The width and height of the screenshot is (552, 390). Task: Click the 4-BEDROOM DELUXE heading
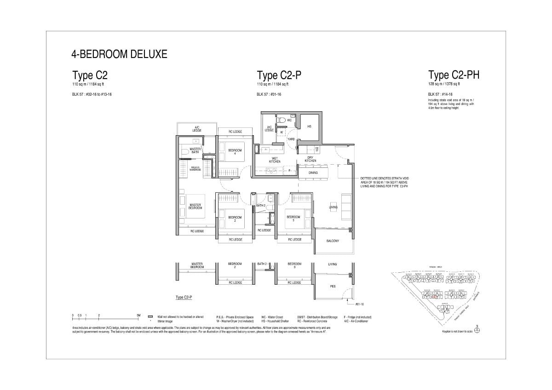pyautogui.click(x=119, y=54)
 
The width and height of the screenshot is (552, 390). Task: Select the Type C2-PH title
pyautogui.click(x=454, y=75)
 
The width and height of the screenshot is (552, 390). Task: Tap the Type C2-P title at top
pyautogui.click(x=279, y=75)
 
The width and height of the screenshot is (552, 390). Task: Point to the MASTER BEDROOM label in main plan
pyautogui.click(x=195, y=206)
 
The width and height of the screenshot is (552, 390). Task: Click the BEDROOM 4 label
pyautogui.click(x=235, y=152)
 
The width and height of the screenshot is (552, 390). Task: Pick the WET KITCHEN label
pyautogui.click(x=275, y=161)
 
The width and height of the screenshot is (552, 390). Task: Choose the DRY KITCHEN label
pyautogui.click(x=310, y=160)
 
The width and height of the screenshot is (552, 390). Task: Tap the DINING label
pyautogui.click(x=313, y=173)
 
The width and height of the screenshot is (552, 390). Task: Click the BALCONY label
pyautogui.click(x=333, y=241)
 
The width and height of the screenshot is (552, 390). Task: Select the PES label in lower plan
pyautogui.click(x=333, y=286)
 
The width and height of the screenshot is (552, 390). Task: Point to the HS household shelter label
pyautogui.click(x=310, y=126)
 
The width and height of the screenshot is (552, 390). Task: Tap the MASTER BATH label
pyautogui.click(x=195, y=150)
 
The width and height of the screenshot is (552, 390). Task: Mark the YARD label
pyautogui.click(x=291, y=138)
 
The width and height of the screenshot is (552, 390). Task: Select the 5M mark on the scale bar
pyautogui.click(x=138, y=315)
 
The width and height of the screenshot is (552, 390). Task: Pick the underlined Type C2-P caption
pyautogui.click(x=184, y=298)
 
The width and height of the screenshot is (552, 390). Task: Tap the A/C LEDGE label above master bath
pyautogui.click(x=196, y=128)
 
